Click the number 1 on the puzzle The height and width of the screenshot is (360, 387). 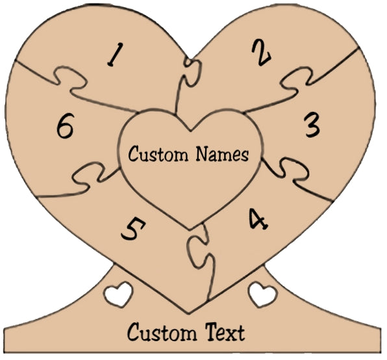point(116,55)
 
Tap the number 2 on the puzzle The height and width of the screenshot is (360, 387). point(262,53)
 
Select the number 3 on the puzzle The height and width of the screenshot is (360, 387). point(312,125)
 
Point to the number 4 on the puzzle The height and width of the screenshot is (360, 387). point(258,219)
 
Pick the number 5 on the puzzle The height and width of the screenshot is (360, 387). point(133,229)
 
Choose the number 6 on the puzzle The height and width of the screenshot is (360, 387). point(65,125)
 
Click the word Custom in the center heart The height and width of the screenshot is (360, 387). point(158,154)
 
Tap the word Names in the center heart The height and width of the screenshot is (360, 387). point(222,153)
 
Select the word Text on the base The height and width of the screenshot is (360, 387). point(225,332)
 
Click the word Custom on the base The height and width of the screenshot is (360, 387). point(162,332)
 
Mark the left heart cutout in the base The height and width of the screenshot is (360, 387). point(118,294)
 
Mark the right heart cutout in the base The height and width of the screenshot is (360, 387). point(263,294)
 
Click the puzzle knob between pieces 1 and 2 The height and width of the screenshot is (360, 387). point(192,73)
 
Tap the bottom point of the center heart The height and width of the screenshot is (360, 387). point(190,230)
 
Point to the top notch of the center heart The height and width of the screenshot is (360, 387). point(190,131)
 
